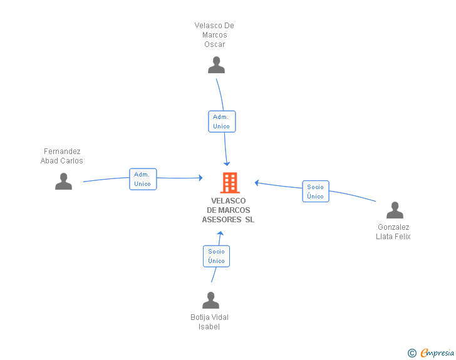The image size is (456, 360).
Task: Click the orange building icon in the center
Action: (230, 183)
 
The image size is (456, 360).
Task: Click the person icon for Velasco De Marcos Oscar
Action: (216, 65)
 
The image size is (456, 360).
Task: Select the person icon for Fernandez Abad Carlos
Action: (63, 181)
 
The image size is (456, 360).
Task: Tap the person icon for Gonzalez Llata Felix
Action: (395, 210)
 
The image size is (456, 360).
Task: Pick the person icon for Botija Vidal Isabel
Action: (210, 300)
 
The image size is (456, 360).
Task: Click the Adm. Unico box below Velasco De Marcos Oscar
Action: (222, 121)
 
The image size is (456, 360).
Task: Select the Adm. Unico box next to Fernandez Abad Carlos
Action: (143, 179)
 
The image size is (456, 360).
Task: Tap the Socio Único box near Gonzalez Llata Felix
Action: (316, 192)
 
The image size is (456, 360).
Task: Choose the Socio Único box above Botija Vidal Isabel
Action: (216, 256)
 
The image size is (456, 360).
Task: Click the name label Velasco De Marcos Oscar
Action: (214, 35)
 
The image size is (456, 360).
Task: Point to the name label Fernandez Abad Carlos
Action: (61, 156)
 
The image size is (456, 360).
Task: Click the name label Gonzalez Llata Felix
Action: (393, 232)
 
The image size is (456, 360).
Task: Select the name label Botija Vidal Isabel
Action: (209, 322)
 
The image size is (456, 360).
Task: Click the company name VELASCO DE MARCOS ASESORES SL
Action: (228, 210)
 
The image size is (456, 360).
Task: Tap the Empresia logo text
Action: (437, 352)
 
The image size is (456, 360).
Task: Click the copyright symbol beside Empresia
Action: (412, 353)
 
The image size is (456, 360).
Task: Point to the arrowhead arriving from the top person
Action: (227, 163)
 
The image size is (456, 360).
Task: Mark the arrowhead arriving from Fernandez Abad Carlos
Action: (200, 178)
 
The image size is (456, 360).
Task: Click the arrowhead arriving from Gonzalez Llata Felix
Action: (257, 183)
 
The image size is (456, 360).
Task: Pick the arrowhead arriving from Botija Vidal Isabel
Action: (220, 233)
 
